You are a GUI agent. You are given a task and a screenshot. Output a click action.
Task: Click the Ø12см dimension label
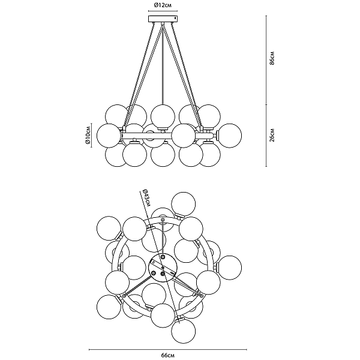pyautogui.click(x=163, y=5)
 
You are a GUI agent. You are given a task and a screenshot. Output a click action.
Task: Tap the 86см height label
pyautogui.click(x=272, y=58)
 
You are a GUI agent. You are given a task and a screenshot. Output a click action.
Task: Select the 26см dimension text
pyautogui.click(x=272, y=135)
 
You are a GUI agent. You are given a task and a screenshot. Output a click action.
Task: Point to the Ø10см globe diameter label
pyautogui.click(x=88, y=135)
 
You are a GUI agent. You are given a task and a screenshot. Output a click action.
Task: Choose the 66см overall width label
pyautogui.click(x=167, y=356)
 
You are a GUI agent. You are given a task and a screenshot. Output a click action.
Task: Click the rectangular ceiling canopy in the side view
pyautogui.click(x=163, y=19)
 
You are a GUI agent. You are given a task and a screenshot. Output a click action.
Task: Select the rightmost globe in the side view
pyautogui.click(x=230, y=135)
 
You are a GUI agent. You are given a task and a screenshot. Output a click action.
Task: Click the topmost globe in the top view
pyautogui.click(x=184, y=204)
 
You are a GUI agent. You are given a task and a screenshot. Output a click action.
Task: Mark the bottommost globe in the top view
pyautogui.click(x=184, y=331)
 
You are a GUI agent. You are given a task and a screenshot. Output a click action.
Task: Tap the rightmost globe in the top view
pyautogui.click(x=230, y=268)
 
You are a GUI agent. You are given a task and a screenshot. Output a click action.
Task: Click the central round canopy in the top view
pyautogui.click(x=163, y=268)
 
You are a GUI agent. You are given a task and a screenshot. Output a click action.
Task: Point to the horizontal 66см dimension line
pyautogui.click(x=167, y=350)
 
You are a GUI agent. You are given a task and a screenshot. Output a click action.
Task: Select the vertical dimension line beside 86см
pyautogui.click(x=266, y=60)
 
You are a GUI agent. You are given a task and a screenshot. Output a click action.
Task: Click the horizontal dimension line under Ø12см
pyautogui.click(x=163, y=11)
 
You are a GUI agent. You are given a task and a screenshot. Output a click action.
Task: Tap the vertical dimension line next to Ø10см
pyautogui.click(x=91, y=135)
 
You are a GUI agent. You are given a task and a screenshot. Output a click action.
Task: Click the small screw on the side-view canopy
pyautogui.click(x=175, y=18)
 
